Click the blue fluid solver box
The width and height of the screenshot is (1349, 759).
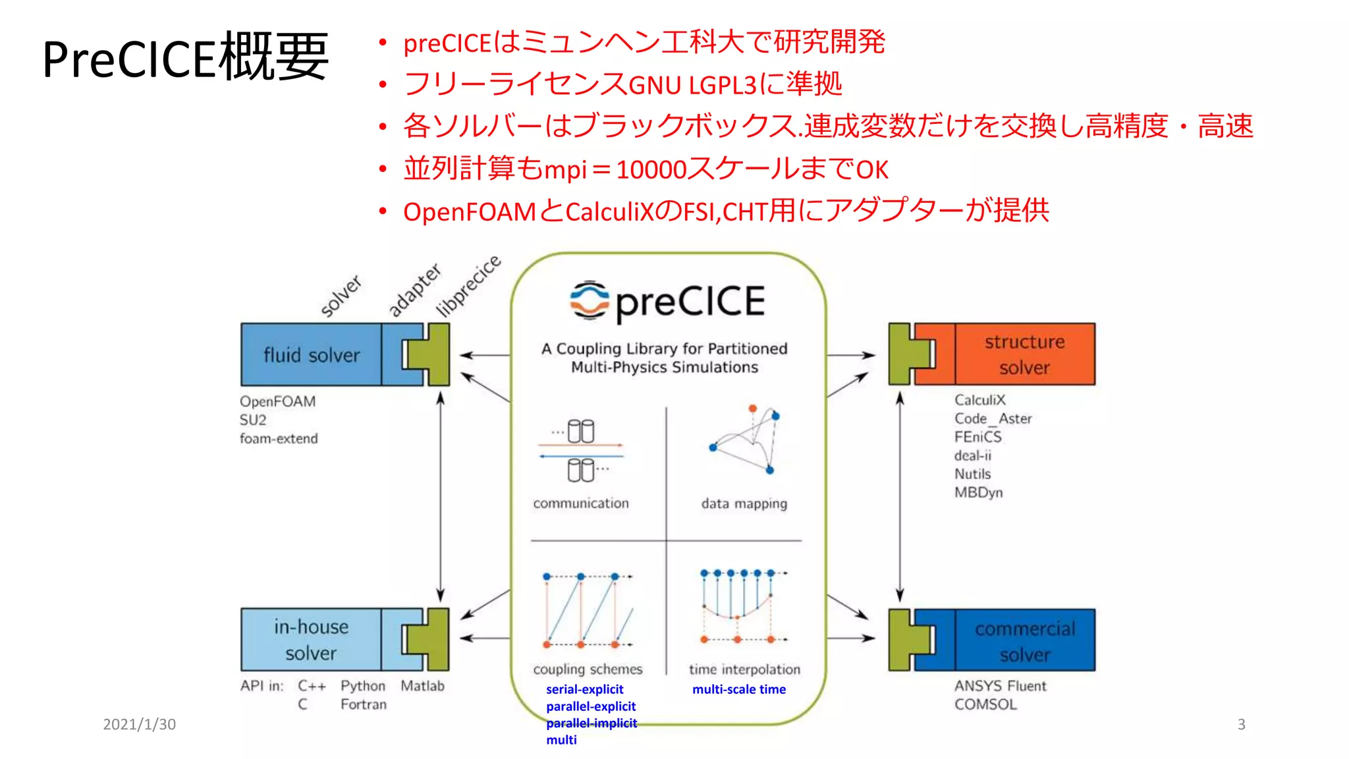(311, 354)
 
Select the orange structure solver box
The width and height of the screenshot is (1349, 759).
(1024, 354)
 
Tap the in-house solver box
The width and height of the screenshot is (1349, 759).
(311, 640)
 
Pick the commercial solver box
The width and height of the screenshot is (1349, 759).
(1024, 641)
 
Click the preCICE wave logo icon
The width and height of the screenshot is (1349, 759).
(590, 300)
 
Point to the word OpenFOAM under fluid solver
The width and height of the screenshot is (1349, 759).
(277, 401)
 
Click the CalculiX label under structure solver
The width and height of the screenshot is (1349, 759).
(979, 400)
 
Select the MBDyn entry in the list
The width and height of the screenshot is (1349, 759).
(978, 492)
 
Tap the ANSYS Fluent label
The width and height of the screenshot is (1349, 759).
(1000, 686)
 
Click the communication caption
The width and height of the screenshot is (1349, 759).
(581, 503)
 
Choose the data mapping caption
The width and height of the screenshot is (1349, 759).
(744, 504)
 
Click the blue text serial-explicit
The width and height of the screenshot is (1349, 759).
(584, 689)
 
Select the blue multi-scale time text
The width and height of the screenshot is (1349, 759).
(738, 689)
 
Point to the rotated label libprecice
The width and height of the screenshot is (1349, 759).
(469, 286)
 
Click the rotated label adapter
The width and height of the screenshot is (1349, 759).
(414, 290)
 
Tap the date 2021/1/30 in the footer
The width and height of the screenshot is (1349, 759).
(139, 724)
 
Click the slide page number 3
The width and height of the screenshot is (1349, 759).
(1241, 724)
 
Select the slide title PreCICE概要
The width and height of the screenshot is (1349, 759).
(185, 58)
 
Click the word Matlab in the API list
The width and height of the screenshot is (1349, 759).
(422, 686)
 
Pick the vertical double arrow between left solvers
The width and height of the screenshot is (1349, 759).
(441, 497)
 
